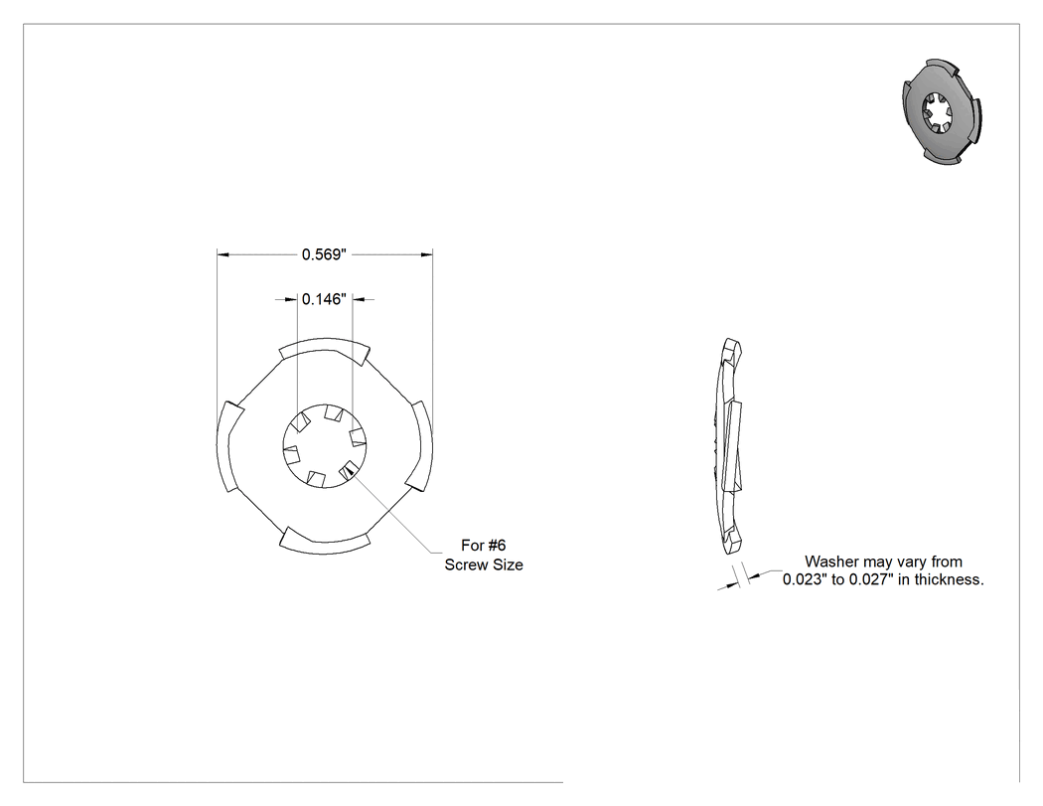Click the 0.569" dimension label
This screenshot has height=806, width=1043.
click(324, 254)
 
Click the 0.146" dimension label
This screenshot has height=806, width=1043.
click(324, 299)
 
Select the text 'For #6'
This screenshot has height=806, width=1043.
click(484, 545)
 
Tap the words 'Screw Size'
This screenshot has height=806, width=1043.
click(484, 564)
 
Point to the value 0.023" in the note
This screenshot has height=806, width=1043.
click(805, 579)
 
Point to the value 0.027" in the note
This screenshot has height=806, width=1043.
click(871, 579)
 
